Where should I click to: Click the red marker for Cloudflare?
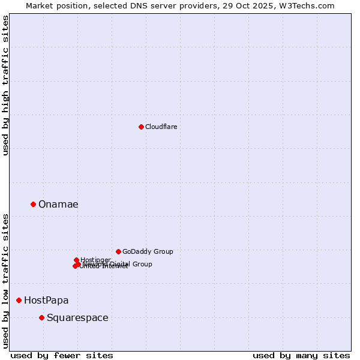[x=141, y=127]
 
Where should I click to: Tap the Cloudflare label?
[x=161, y=127]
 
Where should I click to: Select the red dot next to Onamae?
[x=33, y=204]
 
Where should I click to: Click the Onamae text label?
[x=58, y=204]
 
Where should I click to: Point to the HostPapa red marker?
[x=19, y=300]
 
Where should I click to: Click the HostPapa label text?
[x=46, y=300]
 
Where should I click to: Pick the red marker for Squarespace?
[x=41, y=317]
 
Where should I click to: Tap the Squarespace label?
[x=77, y=317]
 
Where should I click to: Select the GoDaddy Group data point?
[x=118, y=251]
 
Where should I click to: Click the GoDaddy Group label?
[x=148, y=251]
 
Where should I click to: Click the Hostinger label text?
[x=95, y=260]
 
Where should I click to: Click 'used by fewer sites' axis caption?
[x=62, y=355]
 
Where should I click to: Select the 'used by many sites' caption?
[x=301, y=355]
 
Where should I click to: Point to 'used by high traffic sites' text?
[x=5, y=85]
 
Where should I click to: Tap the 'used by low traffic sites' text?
[x=5, y=280]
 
